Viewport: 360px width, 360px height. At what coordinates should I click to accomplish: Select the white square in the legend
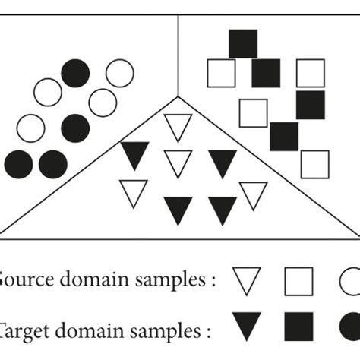(x=298, y=281)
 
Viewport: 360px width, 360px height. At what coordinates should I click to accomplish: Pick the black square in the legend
(x=298, y=327)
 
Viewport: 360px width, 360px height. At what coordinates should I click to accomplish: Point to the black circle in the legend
(x=351, y=327)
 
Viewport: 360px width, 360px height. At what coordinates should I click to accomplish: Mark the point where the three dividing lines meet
(x=178, y=97)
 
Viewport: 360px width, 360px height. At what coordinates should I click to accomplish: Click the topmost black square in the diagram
(x=243, y=43)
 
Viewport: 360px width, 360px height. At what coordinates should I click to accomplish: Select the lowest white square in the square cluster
(x=314, y=164)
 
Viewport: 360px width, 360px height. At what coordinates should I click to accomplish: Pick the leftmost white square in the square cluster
(x=221, y=73)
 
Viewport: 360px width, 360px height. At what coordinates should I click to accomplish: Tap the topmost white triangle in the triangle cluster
(x=178, y=126)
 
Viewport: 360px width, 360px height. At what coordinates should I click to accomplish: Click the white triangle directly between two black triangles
(x=178, y=163)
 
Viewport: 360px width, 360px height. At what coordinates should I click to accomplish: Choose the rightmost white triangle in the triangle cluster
(x=253, y=194)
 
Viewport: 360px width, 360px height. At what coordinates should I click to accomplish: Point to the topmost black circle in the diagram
(x=75, y=73)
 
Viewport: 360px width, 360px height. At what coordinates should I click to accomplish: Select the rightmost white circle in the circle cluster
(x=120, y=73)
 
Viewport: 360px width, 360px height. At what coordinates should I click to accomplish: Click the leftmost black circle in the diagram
(x=18, y=164)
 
